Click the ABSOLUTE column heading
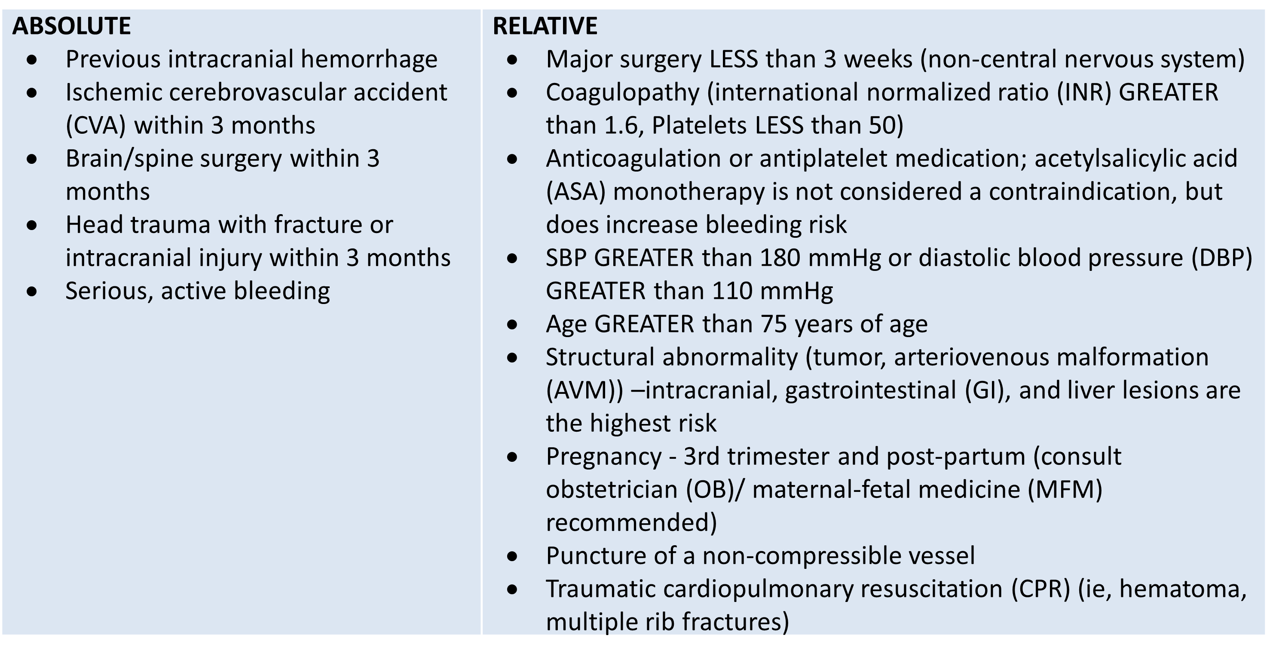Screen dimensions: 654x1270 pos(71,26)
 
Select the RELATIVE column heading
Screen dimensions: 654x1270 pos(545,26)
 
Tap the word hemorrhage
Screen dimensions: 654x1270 pos(369,59)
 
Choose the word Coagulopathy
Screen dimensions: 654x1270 pos(622,92)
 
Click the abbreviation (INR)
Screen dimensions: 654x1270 pos(1084,92)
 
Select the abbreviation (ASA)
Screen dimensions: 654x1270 pos(575,192)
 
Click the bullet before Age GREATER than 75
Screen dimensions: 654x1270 pos(512,325)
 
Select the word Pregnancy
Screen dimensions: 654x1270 pos(603,457)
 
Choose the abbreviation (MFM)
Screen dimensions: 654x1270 pos(1065,490)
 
